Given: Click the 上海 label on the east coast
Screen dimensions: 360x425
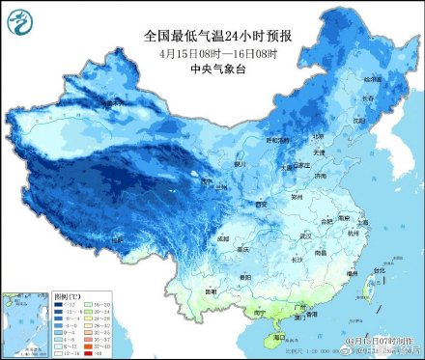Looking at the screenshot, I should (363, 219).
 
